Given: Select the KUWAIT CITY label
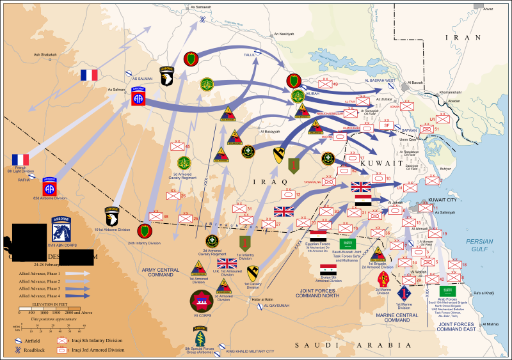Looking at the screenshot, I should (x=442, y=200).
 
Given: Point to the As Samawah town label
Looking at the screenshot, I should (x=202, y=6).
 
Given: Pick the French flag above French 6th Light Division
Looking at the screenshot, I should (x=20, y=159).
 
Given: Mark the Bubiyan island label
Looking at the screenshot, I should (x=446, y=168).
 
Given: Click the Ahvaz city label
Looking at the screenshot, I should (x=488, y=10).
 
